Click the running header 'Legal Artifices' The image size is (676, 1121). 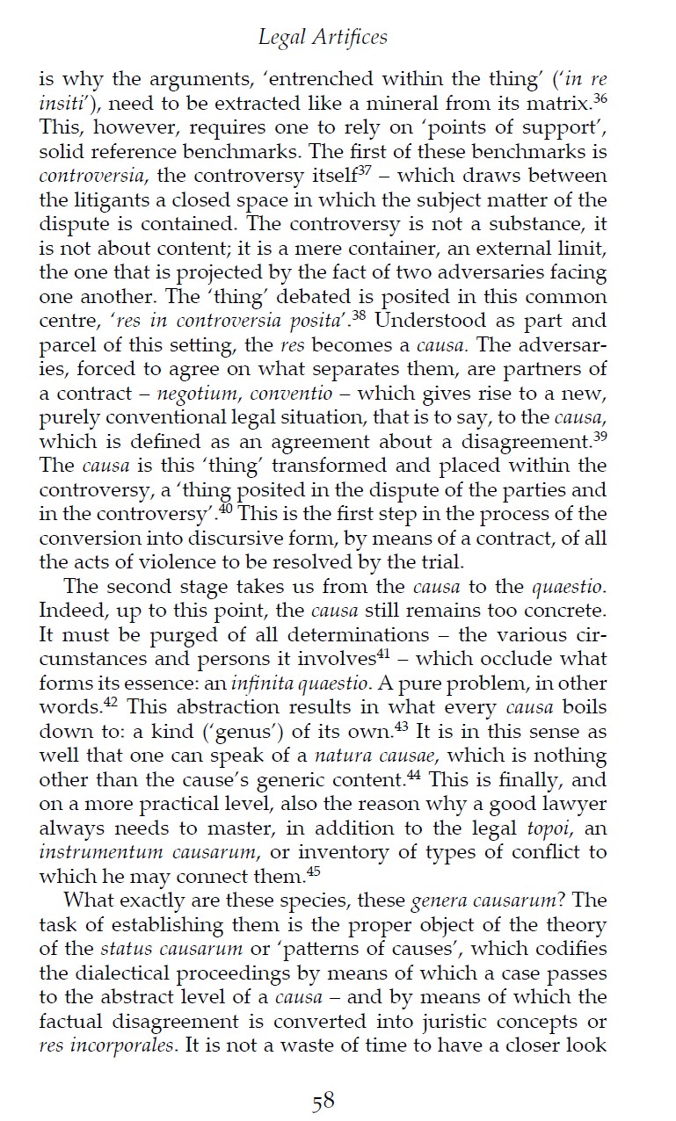(323, 37)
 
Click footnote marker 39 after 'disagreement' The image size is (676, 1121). (600, 435)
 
